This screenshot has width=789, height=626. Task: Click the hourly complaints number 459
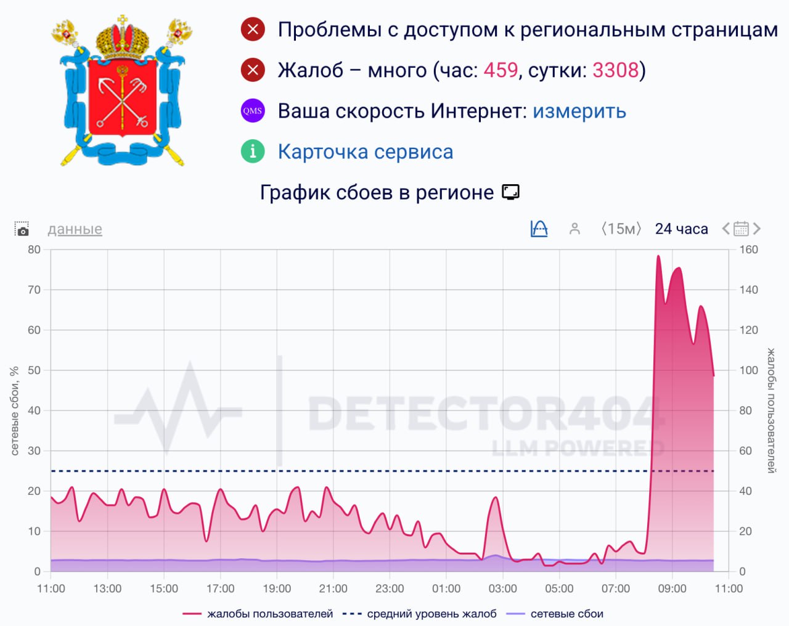[x=501, y=70]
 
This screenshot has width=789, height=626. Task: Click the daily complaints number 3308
[x=616, y=70]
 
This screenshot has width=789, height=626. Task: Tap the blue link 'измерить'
[x=579, y=111]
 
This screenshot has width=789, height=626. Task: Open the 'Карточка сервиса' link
[x=366, y=152]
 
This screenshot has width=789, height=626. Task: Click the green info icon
[x=253, y=151]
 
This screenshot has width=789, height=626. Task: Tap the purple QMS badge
[x=253, y=111]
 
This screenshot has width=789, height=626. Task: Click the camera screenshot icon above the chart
[x=22, y=229]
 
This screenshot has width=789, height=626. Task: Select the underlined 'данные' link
[x=75, y=229]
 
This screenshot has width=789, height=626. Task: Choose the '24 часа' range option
[x=682, y=229]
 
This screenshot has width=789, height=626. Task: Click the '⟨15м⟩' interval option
[x=621, y=229]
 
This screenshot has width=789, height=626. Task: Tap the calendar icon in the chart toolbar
[x=741, y=229]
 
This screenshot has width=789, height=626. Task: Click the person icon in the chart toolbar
[x=574, y=229]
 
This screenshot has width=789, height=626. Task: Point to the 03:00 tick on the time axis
[x=502, y=588]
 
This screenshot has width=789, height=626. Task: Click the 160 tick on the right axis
[x=749, y=250]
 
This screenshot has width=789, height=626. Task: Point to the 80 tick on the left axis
[x=34, y=250]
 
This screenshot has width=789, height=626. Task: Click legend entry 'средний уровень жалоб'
[x=419, y=614]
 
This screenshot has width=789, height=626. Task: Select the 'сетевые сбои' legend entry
[x=554, y=614]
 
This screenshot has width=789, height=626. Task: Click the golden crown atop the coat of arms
[x=123, y=38]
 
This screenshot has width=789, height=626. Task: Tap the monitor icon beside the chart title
[x=511, y=192]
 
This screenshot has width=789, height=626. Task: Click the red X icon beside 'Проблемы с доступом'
[x=253, y=30]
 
